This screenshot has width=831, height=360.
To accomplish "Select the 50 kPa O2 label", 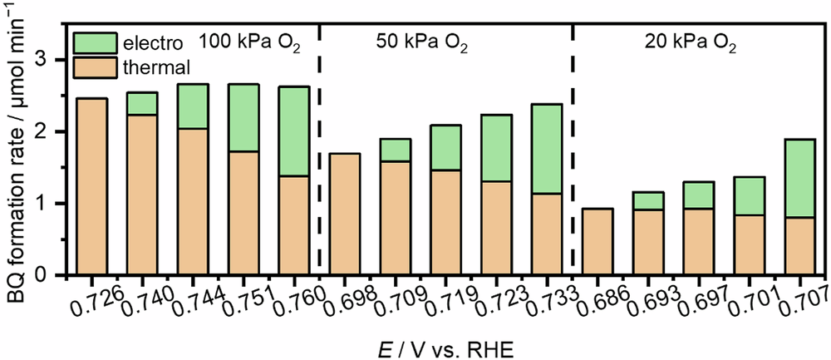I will point(417,43).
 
